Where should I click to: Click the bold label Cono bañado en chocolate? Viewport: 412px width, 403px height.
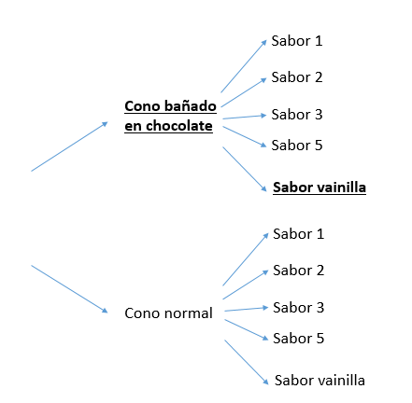(170, 116)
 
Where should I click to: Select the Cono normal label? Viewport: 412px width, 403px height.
(168, 313)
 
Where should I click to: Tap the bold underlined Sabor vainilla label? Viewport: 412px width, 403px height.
(320, 188)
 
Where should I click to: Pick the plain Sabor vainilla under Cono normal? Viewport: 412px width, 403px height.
(320, 380)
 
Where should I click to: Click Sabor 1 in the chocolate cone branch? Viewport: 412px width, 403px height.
(297, 41)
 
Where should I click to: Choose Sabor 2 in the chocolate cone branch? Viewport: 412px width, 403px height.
(297, 77)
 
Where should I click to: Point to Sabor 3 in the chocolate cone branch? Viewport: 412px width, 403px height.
(297, 115)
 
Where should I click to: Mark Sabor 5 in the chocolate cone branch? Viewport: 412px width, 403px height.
(297, 145)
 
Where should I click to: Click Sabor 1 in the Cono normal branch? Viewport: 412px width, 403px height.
(298, 234)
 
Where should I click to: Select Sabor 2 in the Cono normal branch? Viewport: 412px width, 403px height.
(298, 271)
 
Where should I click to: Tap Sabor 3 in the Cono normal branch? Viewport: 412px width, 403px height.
(298, 308)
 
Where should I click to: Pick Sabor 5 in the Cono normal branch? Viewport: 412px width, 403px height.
(298, 338)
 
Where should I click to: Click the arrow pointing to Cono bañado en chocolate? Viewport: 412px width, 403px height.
(69, 146)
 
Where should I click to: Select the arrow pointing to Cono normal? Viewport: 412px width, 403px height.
(69, 289)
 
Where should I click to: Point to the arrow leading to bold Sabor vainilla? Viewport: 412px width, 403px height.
(245, 169)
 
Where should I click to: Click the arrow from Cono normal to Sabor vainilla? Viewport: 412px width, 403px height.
(247, 362)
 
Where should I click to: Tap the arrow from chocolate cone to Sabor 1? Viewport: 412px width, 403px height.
(244, 66)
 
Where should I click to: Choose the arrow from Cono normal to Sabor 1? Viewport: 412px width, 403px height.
(246, 259)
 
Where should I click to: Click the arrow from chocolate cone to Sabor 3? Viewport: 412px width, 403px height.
(245, 117)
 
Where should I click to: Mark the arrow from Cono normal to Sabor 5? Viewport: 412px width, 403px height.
(247, 329)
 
